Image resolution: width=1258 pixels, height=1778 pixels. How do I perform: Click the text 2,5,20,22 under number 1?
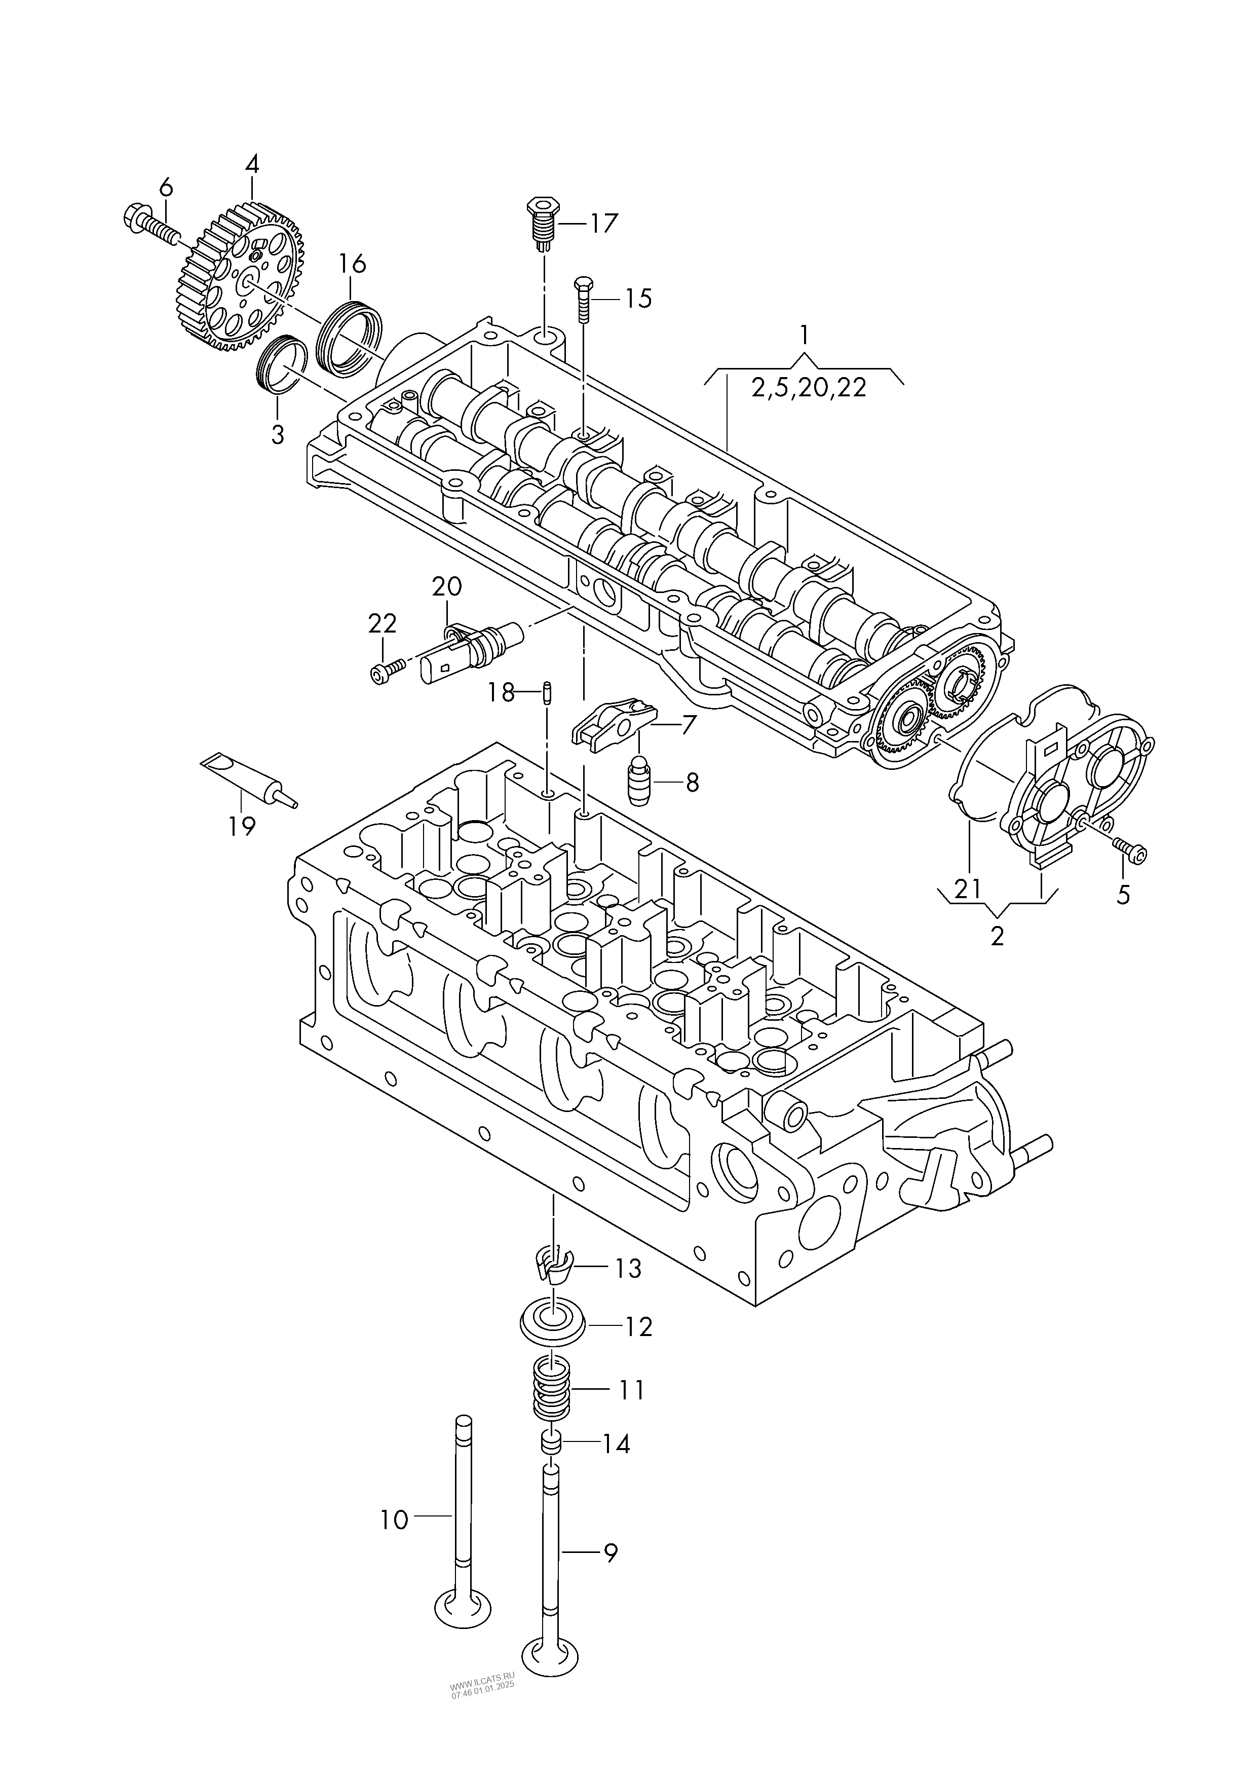tap(808, 387)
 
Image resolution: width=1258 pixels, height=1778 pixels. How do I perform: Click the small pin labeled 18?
tap(548, 690)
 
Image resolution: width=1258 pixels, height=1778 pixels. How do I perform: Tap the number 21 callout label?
tap(968, 888)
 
